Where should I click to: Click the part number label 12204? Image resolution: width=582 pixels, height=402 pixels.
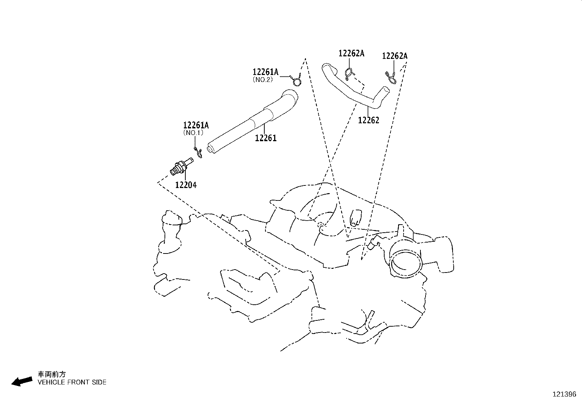click(186, 185)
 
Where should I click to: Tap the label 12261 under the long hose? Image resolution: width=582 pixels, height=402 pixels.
click(266, 138)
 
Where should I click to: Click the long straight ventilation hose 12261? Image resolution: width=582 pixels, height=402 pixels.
click(252, 122)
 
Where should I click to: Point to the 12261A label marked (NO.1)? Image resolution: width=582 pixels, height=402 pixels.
click(196, 125)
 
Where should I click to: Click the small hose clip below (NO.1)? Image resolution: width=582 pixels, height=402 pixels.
click(199, 153)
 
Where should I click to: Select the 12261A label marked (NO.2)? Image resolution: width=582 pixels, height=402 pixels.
click(265, 72)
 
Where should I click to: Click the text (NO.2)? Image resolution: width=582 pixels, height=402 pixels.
click(263, 79)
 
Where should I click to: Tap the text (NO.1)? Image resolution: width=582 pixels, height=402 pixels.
click(193, 133)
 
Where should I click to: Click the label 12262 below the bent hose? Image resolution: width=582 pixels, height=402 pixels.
click(369, 120)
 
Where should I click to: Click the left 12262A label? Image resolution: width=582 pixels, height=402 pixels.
click(351, 53)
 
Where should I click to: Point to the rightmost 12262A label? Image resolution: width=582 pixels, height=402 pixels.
click(395, 56)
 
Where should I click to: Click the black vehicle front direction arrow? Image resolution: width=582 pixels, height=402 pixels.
click(22, 381)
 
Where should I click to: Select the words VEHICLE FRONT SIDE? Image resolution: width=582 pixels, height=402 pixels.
click(72, 382)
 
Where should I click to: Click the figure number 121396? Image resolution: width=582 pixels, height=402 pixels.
click(564, 394)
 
